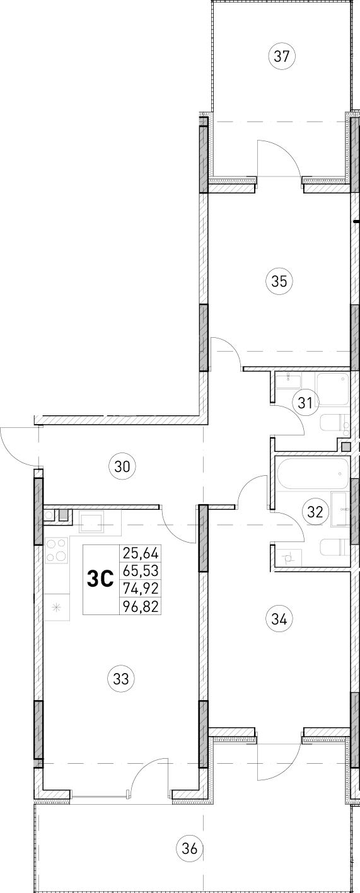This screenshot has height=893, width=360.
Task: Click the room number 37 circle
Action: pos(282,56)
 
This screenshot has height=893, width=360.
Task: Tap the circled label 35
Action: pos(279,281)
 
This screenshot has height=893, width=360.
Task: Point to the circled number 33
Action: pos(121,679)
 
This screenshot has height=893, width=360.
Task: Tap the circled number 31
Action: pos(305,403)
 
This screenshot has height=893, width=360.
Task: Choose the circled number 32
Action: pos(315,511)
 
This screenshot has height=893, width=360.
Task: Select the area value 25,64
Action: pos(141,554)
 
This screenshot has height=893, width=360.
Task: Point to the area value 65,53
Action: pos(141,572)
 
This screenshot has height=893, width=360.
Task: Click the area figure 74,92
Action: pos(141,589)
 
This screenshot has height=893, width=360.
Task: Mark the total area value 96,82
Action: pos(141,606)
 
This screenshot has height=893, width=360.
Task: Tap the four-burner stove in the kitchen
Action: pos(57,550)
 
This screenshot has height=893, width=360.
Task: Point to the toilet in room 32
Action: pos(332,547)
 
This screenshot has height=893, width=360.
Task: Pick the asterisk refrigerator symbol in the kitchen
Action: pos(56,608)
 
